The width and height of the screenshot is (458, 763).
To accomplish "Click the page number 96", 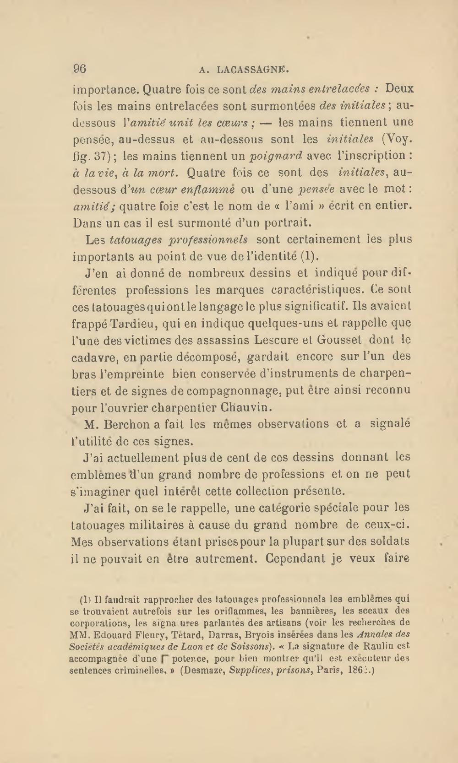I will click(80, 69).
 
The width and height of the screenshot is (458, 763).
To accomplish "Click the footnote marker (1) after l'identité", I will click(310, 256).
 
